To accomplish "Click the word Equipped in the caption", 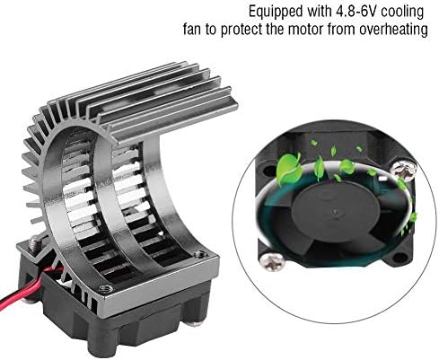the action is point(276,13).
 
